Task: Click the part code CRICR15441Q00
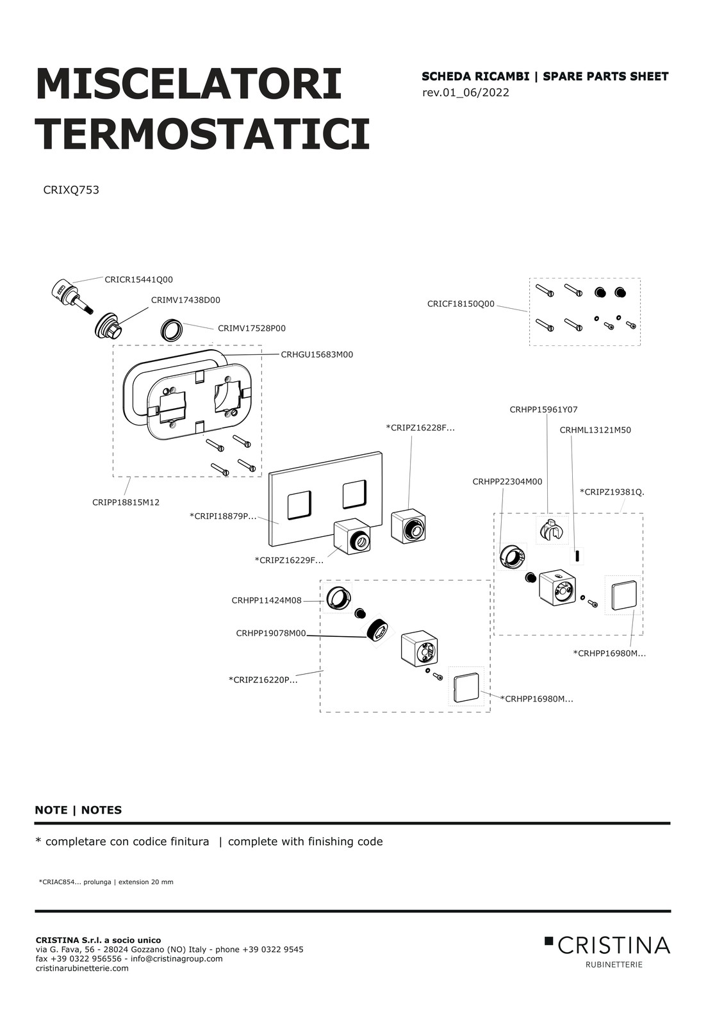(x=138, y=280)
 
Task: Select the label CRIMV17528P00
(x=251, y=329)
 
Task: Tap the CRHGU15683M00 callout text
(x=317, y=355)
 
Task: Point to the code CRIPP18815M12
(x=126, y=502)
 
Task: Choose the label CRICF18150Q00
(x=461, y=304)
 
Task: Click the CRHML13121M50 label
(x=595, y=430)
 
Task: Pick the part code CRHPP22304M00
(x=507, y=482)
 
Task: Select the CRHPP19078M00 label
(x=271, y=634)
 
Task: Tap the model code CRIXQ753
(x=71, y=190)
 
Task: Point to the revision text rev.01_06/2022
(x=466, y=92)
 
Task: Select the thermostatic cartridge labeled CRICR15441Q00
(x=72, y=296)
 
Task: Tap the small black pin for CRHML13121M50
(x=577, y=555)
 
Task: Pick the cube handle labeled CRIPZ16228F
(x=408, y=526)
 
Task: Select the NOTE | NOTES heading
(x=78, y=810)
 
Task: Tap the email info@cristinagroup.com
(x=176, y=958)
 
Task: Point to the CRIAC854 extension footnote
(x=106, y=882)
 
